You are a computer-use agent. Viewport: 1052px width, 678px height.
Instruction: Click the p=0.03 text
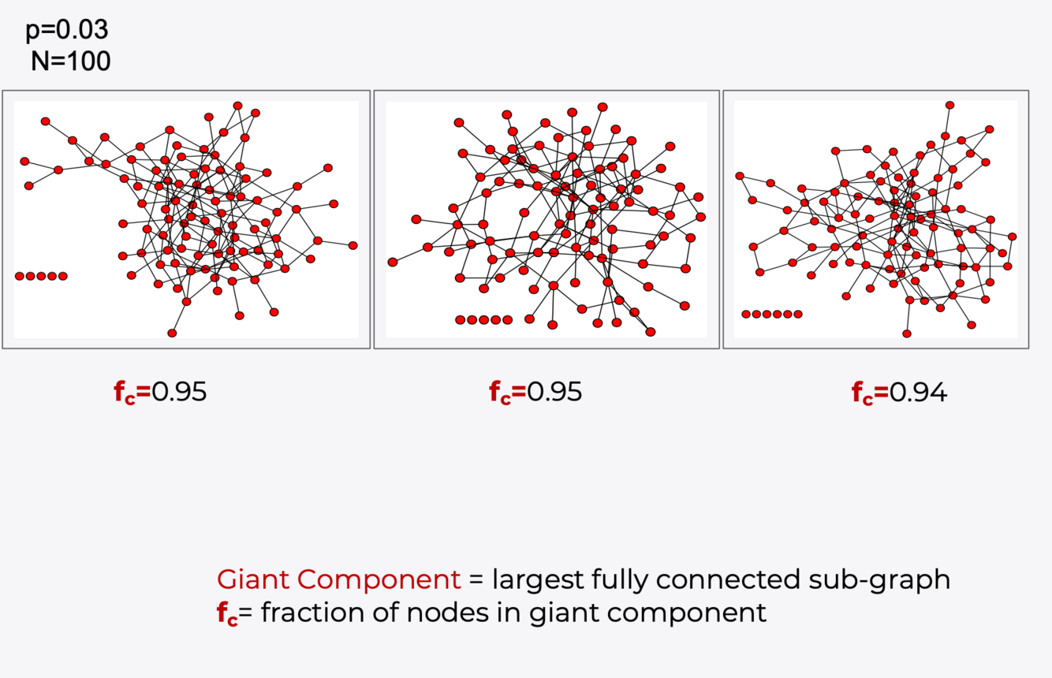click(67, 30)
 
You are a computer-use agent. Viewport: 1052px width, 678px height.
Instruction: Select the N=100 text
click(70, 61)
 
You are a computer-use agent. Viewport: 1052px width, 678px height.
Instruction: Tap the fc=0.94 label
click(899, 392)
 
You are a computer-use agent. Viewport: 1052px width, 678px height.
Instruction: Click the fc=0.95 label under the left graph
click(160, 392)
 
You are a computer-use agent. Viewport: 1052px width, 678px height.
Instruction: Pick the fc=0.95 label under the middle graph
click(535, 392)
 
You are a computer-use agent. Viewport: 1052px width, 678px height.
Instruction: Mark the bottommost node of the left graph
click(172, 333)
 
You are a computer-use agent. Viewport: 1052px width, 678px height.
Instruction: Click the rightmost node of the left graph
click(353, 245)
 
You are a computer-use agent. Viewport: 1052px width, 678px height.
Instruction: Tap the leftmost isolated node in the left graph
click(19, 276)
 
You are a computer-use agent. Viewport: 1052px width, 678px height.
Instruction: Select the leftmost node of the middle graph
click(393, 262)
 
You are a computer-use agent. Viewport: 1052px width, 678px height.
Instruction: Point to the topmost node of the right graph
click(950, 105)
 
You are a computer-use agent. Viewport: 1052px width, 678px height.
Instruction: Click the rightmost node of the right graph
click(1013, 236)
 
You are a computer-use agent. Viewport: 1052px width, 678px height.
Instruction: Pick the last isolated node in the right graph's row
click(798, 314)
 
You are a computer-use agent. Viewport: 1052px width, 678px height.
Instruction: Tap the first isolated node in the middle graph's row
click(460, 320)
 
